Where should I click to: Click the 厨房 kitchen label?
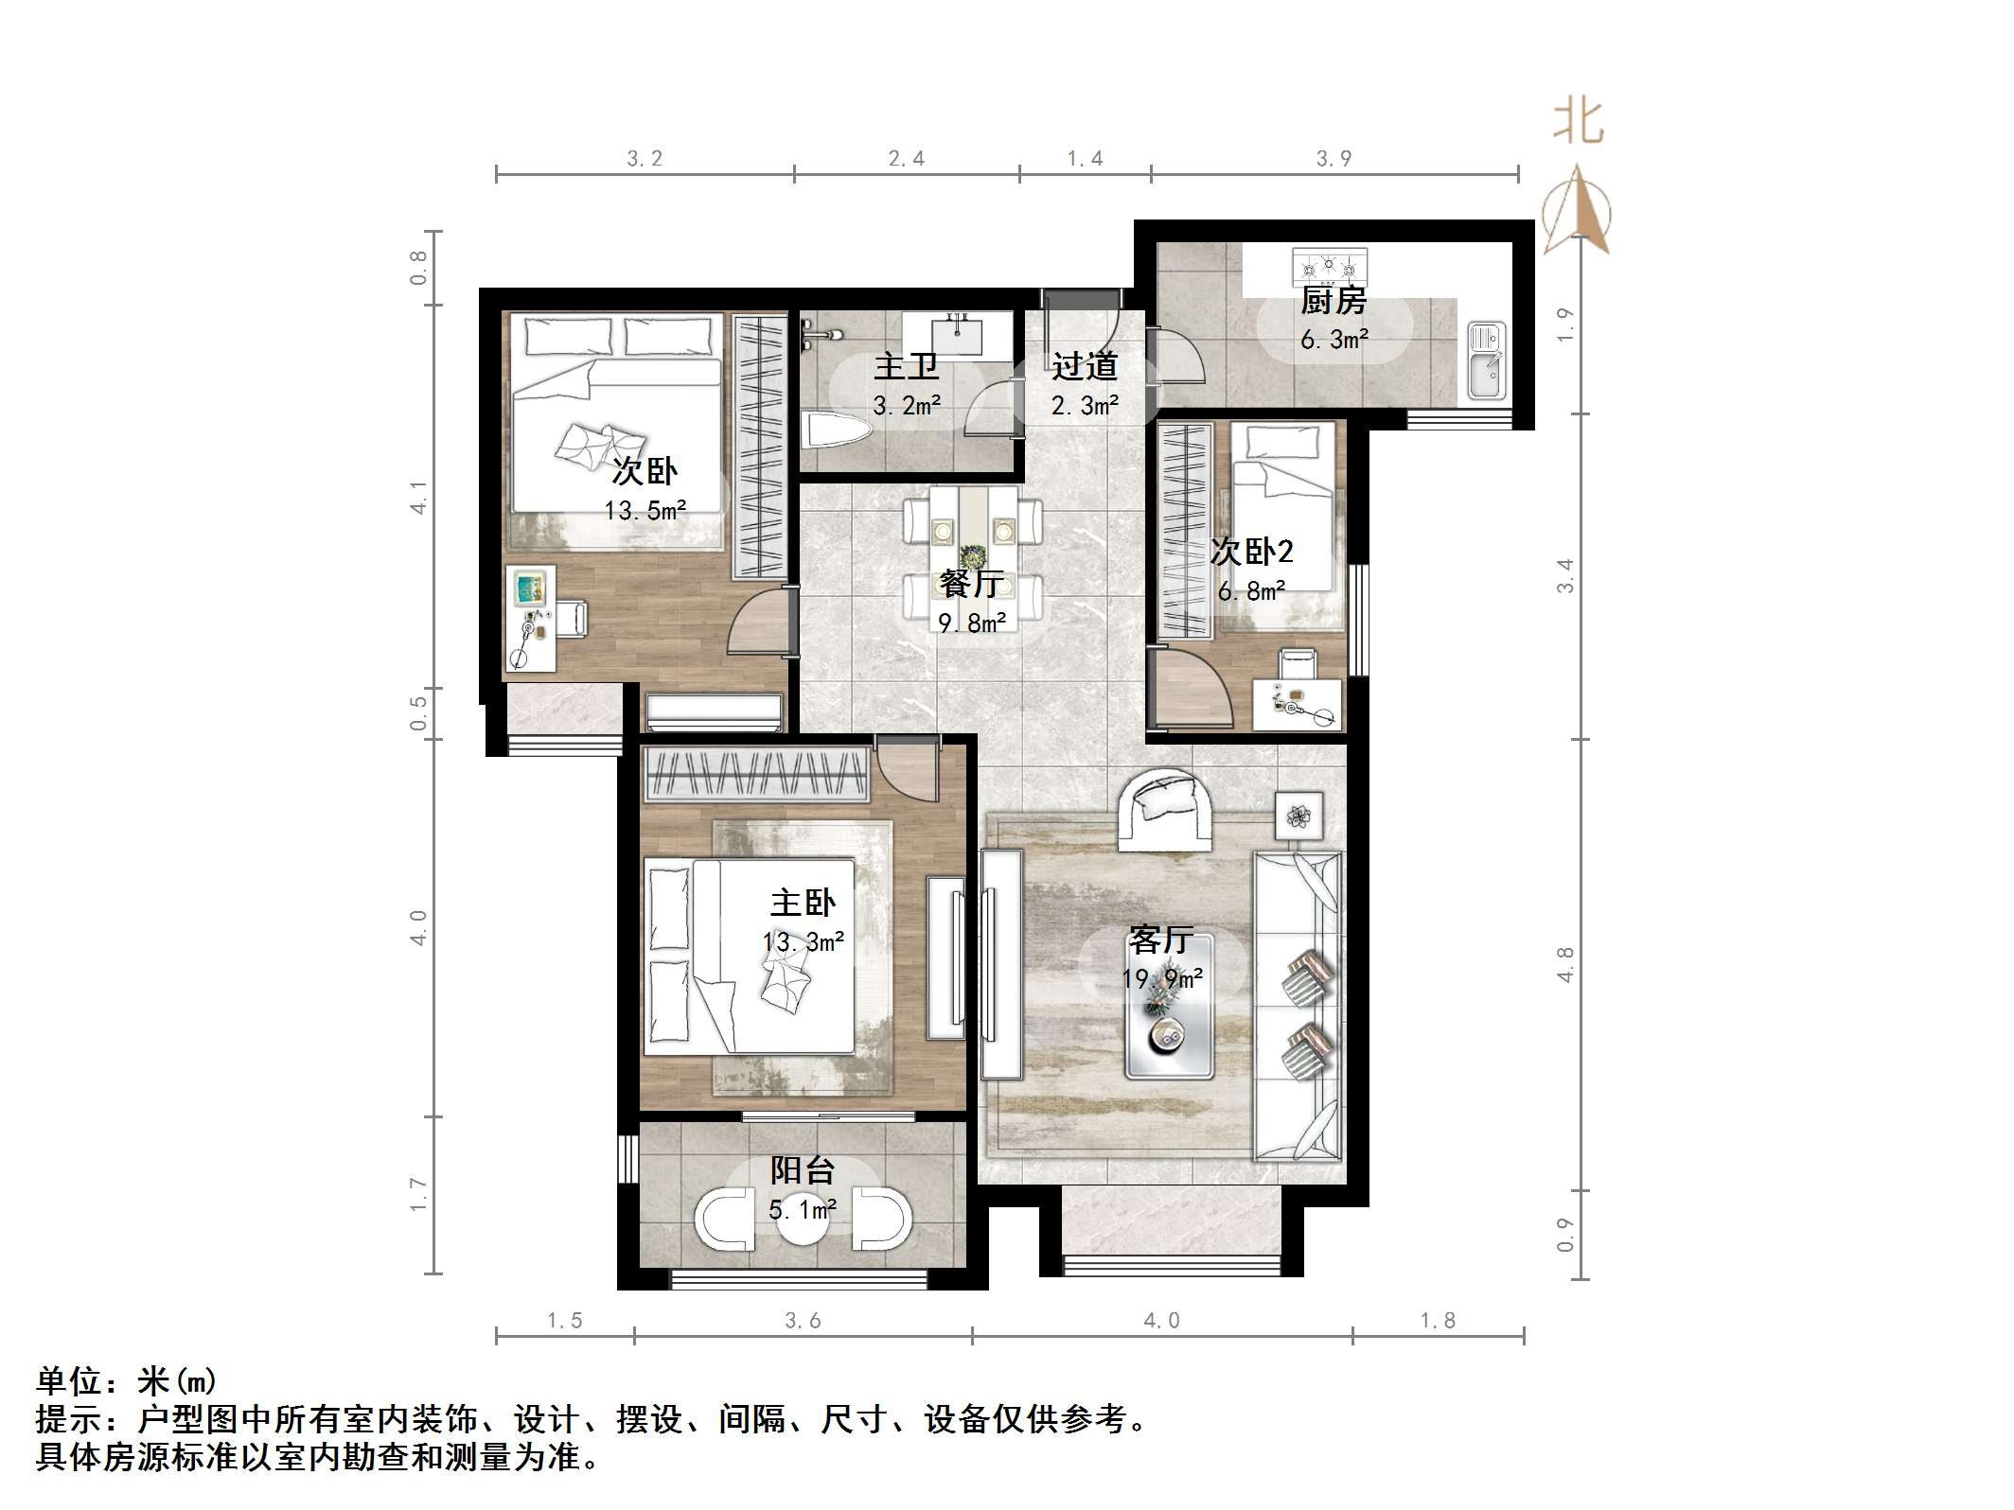click(1334, 301)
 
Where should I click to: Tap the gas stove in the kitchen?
click(1329, 267)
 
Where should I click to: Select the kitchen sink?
click(1486, 360)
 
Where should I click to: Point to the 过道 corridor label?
click(1085, 365)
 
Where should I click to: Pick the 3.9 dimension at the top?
click(1334, 158)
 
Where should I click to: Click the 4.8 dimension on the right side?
click(1565, 964)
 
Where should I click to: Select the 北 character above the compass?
click(1578, 122)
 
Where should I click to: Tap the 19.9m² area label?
click(1163, 978)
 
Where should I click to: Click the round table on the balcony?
click(803, 1219)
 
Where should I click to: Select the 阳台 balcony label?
click(802, 1170)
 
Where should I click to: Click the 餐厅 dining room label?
click(971, 583)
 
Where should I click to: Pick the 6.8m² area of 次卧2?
click(1251, 591)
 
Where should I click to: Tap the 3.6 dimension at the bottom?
click(803, 1320)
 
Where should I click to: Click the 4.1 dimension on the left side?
click(418, 498)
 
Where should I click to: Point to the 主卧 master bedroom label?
click(803, 903)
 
